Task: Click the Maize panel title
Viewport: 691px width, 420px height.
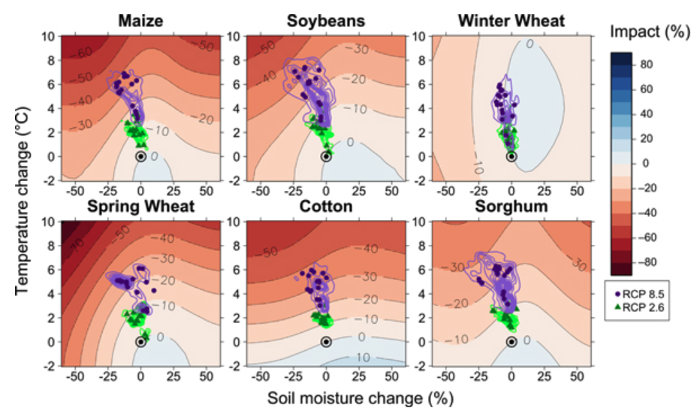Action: coord(141,21)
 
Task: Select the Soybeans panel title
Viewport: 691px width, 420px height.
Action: coord(326,21)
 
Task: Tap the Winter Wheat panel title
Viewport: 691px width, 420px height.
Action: coord(511,21)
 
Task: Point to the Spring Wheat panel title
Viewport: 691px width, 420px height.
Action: coord(141,206)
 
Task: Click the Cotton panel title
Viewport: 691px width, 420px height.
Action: coord(326,206)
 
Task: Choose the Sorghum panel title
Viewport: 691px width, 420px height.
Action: coord(511,206)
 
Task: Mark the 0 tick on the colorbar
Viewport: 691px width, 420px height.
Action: coord(646,163)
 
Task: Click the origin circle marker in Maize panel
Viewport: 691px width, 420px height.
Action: coord(141,156)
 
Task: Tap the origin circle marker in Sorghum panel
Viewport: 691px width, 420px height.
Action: coord(511,342)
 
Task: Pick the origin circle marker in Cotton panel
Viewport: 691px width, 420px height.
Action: coord(326,342)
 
